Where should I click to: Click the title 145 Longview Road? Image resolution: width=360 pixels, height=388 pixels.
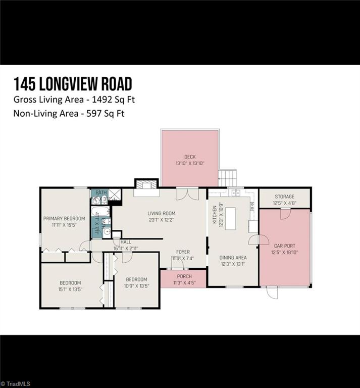(73, 83)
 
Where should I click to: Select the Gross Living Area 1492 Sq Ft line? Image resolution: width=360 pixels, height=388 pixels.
(74, 99)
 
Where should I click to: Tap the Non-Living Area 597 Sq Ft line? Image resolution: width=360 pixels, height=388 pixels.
(69, 113)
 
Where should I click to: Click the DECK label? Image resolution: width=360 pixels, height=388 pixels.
(189, 157)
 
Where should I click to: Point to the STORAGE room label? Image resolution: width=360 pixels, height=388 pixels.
(284, 197)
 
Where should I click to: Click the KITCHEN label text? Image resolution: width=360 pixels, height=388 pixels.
(215, 214)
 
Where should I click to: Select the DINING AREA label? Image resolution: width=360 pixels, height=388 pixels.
(233, 258)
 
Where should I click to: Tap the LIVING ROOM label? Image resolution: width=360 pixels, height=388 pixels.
(161, 213)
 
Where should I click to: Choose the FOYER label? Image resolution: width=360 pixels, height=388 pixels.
(183, 252)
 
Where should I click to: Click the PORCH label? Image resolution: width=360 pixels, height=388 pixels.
(184, 276)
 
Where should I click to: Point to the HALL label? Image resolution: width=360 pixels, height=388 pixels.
(126, 242)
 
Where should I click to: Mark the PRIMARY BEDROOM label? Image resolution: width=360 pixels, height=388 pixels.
(64, 218)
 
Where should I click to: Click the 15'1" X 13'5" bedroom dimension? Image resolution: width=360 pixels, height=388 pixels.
(70, 289)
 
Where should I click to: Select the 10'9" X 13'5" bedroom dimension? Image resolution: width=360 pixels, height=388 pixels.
(136, 286)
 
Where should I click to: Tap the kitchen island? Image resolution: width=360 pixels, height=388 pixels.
(231, 218)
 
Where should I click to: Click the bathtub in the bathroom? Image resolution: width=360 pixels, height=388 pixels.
(96, 222)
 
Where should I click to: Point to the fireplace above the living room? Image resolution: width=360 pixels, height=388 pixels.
(146, 185)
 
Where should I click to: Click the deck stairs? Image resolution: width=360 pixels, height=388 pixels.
(228, 178)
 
